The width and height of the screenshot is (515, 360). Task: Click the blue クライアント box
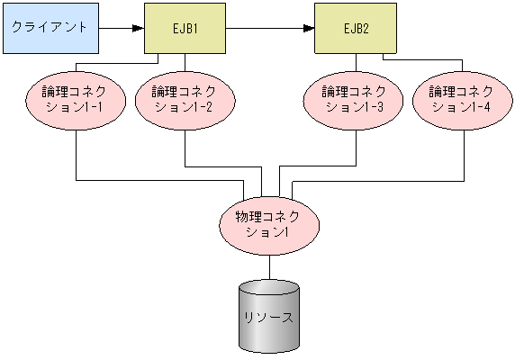(50, 27)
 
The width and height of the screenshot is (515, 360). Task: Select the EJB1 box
(185, 27)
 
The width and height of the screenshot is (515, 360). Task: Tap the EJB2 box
(355, 27)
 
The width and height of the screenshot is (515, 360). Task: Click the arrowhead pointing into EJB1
(139, 27)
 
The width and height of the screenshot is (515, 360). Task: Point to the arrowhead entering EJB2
(309, 27)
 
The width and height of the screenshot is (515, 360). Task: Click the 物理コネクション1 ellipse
(268, 224)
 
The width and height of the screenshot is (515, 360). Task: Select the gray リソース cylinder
(268, 324)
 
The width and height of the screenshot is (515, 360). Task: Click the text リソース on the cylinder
(268, 319)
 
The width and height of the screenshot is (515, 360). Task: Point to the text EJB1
(185, 27)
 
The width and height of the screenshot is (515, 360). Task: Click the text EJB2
(355, 27)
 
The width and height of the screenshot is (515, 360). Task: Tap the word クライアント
(50, 27)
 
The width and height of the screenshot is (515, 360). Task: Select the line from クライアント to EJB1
(117, 27)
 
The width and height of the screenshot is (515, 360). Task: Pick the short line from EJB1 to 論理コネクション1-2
(185, 61)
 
